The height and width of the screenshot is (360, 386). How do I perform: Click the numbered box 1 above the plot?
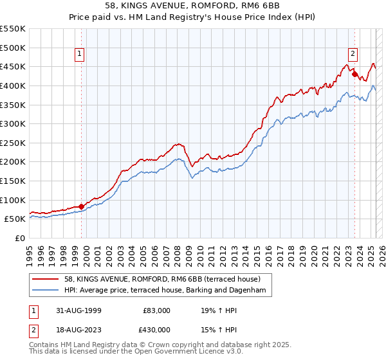(80, 55)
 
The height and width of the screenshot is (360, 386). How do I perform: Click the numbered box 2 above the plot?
(353, 55)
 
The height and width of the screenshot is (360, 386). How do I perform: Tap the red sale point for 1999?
(82, 206)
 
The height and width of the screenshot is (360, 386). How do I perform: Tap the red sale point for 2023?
(354, 74)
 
